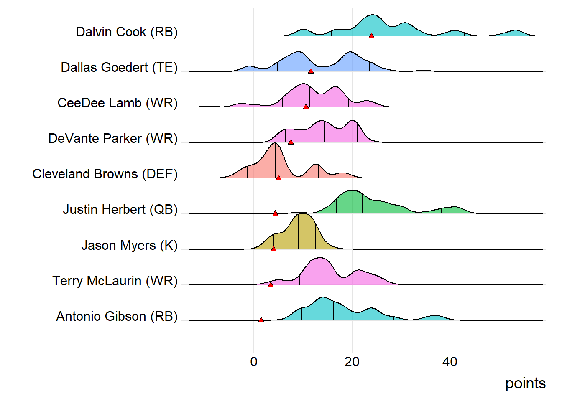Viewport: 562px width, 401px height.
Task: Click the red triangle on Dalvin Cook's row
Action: click(x=371, y=36)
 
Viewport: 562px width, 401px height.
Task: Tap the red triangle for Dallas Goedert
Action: click(x=311, y=71)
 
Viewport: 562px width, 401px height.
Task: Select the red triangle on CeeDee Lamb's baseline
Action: click(x=306, y=107)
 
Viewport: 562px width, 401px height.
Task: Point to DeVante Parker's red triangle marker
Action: click(x=291, y=142)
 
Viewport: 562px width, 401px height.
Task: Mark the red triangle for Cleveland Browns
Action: click(x=278, y=178)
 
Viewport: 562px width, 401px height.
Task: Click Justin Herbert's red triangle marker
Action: click(x=275, y=213)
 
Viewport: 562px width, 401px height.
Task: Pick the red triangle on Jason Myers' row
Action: click(x=273, y=249)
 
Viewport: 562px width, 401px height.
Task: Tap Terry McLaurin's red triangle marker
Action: click(x=271, y=284)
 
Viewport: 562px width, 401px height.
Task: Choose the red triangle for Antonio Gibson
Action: click(x=261, y=320)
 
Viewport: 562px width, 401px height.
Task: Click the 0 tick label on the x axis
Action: click(x=254, y=362)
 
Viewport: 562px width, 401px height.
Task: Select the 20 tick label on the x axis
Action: click(x=352, y=362)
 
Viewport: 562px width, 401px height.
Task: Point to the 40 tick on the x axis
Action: click(x=450, y=362)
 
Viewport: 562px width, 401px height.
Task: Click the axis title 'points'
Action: click(x=525, y=383)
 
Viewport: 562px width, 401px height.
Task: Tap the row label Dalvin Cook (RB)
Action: click(x=127, y=32)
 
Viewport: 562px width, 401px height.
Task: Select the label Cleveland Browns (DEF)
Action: click(x=105, y=174)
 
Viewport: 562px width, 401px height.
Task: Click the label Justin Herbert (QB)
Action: click(x=120, y=209)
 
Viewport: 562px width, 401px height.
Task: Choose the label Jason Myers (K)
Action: click(x=129, y=245)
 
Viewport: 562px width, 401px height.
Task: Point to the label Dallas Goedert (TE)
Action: click(x=119, y=67)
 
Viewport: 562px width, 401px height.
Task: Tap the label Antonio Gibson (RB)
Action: click(x=117, y=316)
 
